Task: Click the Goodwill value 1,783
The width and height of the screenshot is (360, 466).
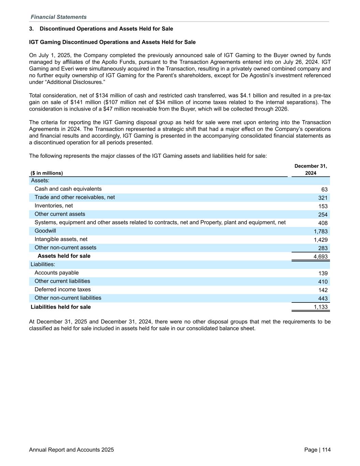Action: (x=320, y=231)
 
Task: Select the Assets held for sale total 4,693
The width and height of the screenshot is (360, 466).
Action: (x=320, y=256)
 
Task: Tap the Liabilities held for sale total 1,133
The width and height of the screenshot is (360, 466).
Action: (x=320, y=307)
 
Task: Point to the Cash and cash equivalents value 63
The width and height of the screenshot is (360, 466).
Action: (x=324, y=189)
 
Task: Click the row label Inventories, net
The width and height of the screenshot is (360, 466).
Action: (x=54, y=206)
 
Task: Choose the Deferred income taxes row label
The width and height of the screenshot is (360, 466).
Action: (x=62, y=290)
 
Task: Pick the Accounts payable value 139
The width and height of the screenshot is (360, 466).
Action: (x=323, y=273)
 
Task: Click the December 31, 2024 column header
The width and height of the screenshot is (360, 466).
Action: (x=311, y=170)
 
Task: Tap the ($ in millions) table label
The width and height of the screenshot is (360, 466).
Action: (x=47, y=173)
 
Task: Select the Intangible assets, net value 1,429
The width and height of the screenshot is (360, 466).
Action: (x=320, y=240)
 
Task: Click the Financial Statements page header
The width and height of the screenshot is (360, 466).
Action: (x=58, y=17)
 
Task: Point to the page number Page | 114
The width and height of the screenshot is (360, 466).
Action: (x=317, y=450)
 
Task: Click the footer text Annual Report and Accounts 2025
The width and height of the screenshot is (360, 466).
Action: (x=71, y=450)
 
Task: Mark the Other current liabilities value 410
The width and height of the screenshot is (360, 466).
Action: (x=323, y=282)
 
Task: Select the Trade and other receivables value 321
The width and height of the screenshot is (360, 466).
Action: (x=323, y=198)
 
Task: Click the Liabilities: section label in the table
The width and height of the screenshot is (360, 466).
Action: (x=43, y=264)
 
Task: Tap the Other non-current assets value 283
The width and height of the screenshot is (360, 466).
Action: (x=323, y=248)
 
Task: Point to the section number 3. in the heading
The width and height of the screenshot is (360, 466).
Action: (x=31, y=29)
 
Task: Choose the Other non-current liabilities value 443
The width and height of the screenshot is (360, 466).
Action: (x=323, y=298)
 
